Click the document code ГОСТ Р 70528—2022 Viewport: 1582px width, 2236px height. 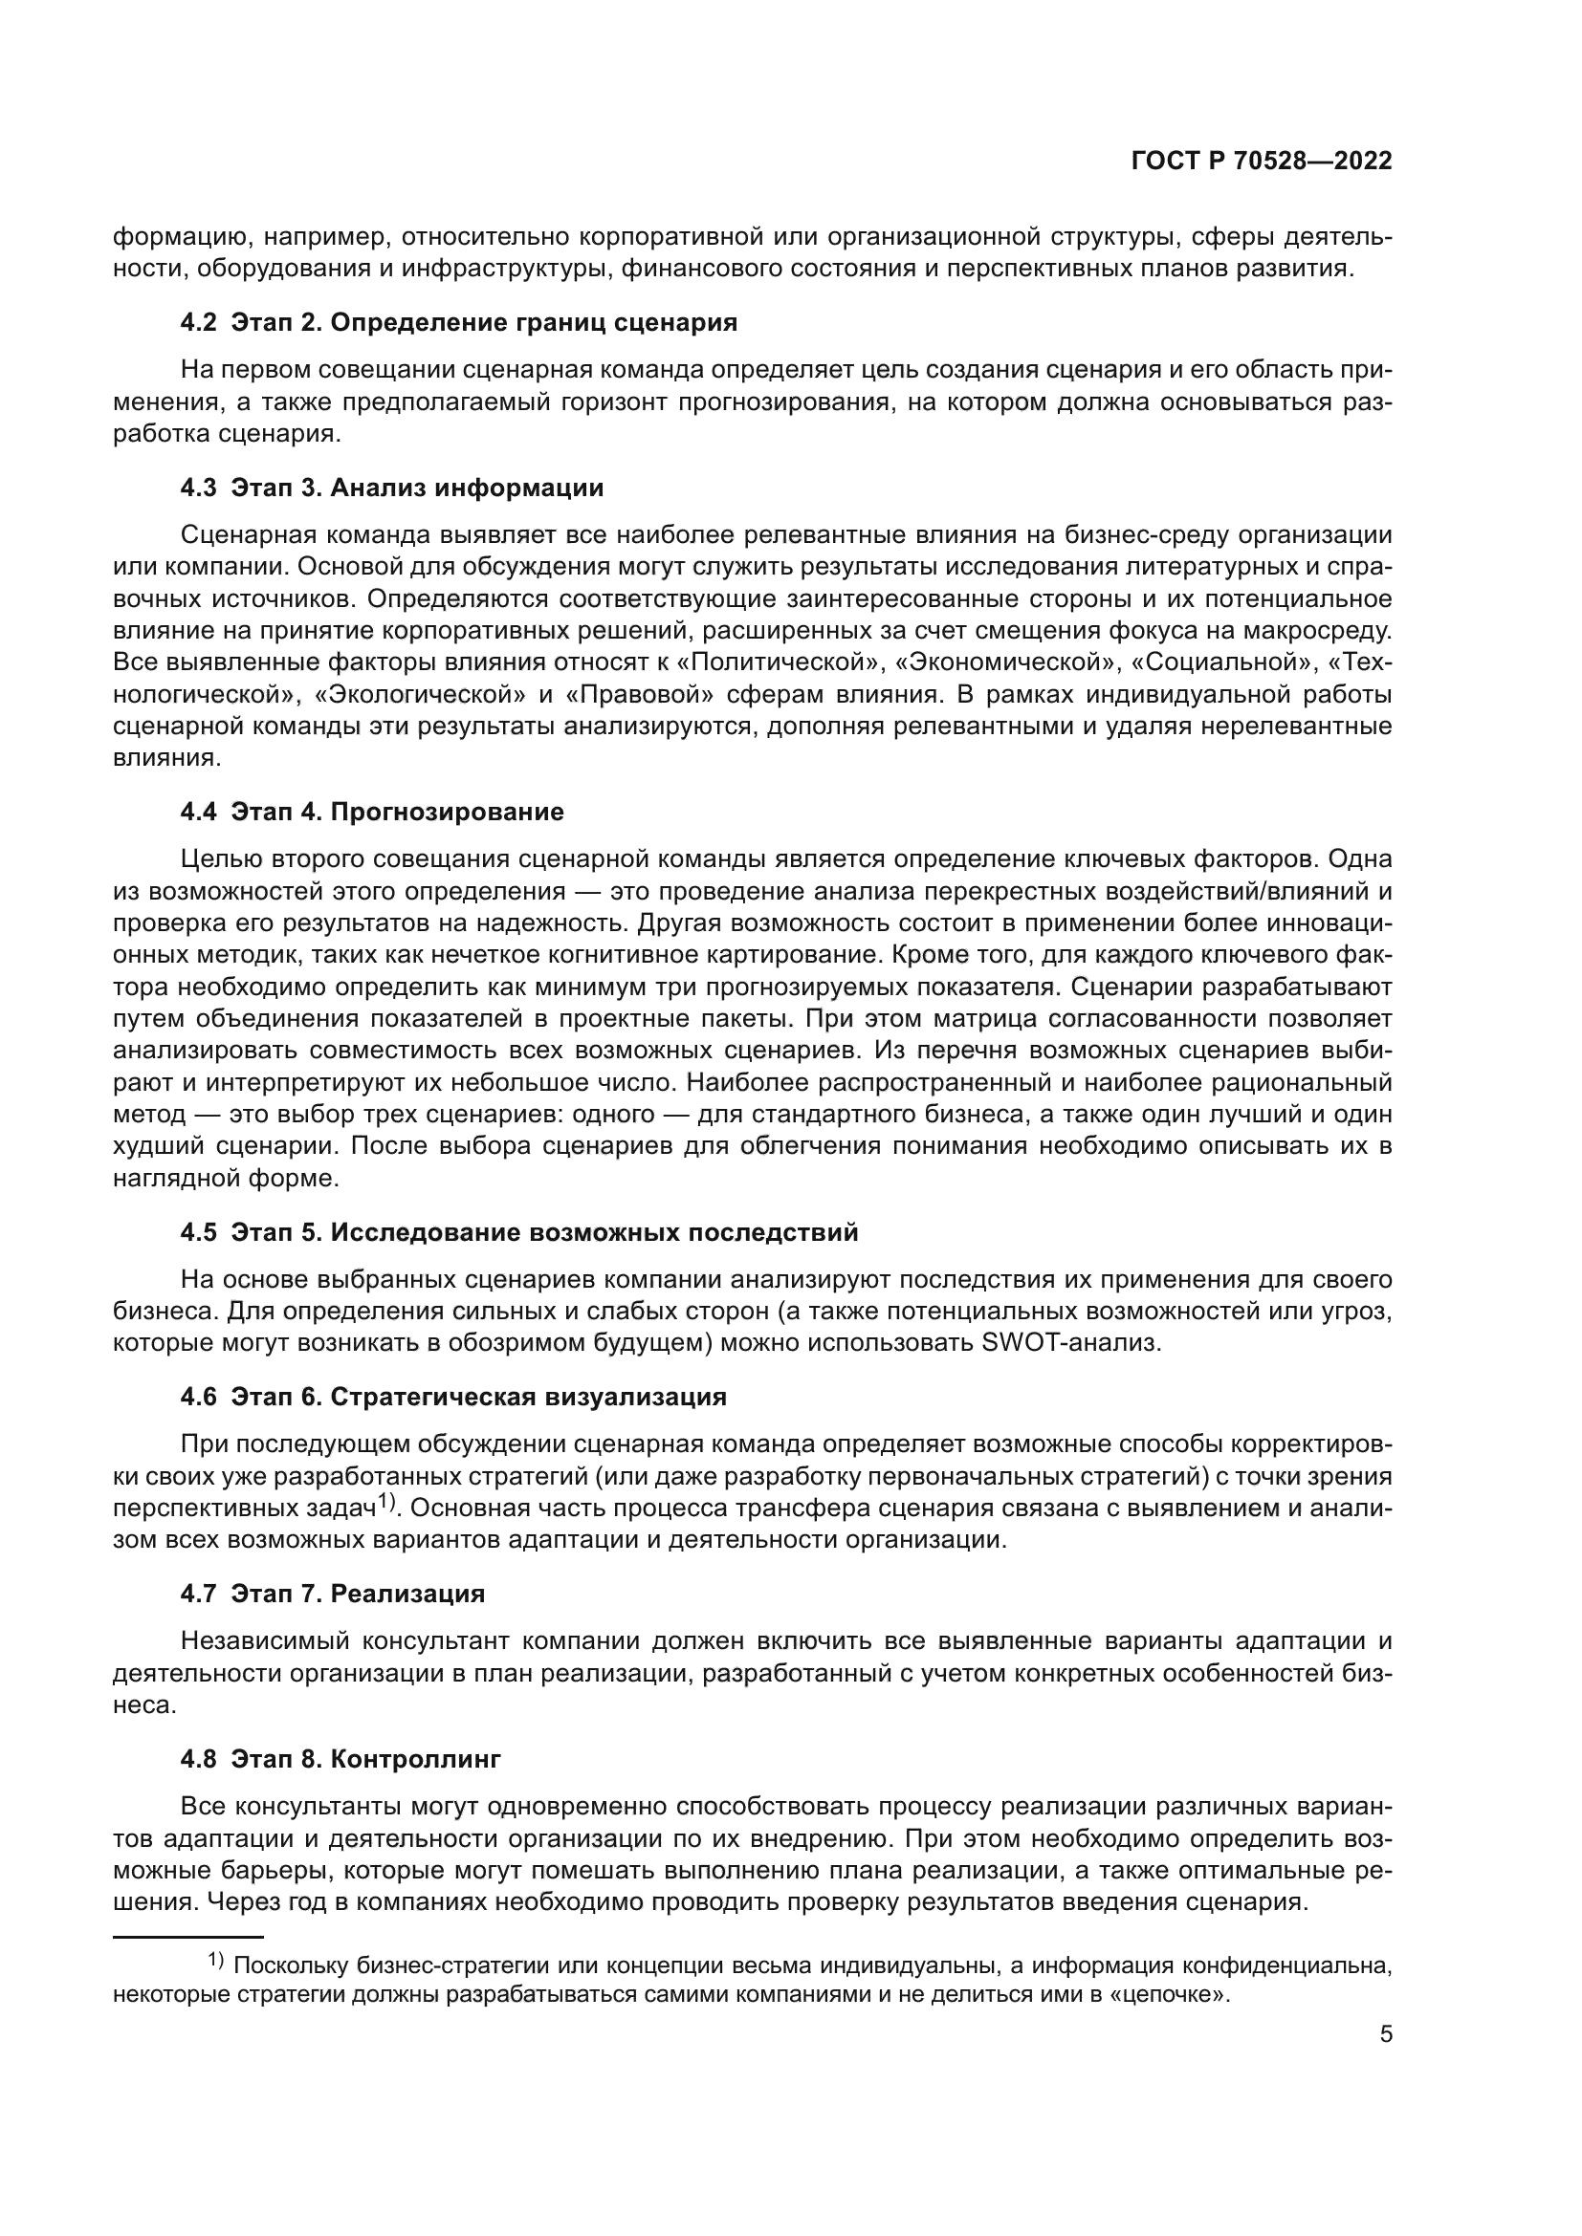1262,162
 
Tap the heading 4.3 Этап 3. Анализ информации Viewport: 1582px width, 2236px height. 391,488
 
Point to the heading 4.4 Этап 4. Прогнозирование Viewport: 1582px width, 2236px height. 372,812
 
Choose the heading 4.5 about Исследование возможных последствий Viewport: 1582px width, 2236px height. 519,1232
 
